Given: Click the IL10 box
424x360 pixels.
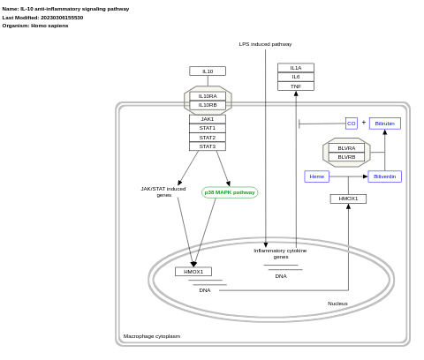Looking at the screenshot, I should [x=208, y=71].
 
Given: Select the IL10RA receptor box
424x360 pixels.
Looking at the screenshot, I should [x=208, y=96].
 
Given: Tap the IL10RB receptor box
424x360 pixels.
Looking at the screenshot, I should [x=208, y=105].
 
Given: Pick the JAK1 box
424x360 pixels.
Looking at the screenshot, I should [x=208, y=119].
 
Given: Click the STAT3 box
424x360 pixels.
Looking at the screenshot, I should [x=208, y=146].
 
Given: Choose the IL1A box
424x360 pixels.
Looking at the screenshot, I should [x=296, y=68].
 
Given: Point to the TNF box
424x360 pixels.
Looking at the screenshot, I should [x=296, y=86].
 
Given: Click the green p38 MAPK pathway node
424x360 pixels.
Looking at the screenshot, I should [x=230, y=192].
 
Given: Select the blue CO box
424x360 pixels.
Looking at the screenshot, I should [x=352, y=124].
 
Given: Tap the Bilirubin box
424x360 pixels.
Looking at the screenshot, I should [x=385, y=124].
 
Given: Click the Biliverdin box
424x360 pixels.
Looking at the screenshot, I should [x=385, y=176].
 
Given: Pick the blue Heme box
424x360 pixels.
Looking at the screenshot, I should [x=317, y=176].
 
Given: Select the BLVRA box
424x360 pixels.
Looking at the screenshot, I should [x=346, y=148].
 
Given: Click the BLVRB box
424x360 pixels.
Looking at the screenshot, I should [x=346, y=157].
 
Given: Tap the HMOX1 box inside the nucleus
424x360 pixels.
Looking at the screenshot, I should [x=193, y=272].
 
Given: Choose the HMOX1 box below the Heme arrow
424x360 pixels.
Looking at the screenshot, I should [x=348, y=199].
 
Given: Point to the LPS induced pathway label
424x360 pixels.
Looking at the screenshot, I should [x=265, y=44].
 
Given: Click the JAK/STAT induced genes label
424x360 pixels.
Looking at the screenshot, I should [x=163, y=191].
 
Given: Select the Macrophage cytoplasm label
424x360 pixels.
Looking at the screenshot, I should [x=152, y=336].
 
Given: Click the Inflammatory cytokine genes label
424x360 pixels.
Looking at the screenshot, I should [x=280, y=253].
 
